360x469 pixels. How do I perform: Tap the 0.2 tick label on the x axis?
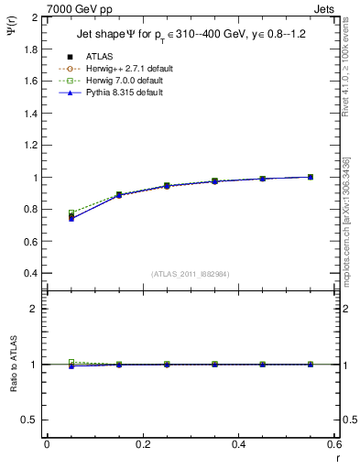(x=142, y=444)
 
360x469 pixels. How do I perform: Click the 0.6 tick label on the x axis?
(x=334, y=444)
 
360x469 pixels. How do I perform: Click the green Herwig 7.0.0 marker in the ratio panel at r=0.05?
(x=71, y=362)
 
